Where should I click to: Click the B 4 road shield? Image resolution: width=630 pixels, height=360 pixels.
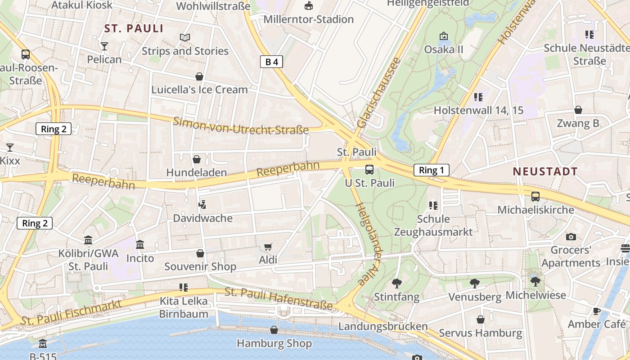coord(271,62)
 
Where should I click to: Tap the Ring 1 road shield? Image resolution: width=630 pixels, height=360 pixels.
coord(432,170)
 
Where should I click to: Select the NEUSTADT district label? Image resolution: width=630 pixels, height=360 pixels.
coord(545,171)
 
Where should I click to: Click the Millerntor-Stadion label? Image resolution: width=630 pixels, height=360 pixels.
coord(309,19)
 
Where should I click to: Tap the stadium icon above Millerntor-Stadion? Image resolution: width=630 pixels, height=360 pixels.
coord(309,6)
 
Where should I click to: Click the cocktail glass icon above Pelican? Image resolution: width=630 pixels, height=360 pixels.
coord(104,46)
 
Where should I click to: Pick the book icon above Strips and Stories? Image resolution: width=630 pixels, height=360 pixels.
coord(185,37)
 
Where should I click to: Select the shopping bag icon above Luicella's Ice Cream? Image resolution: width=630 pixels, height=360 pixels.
coord(199,76)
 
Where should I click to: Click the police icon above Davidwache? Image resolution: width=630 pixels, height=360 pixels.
coord(202,205)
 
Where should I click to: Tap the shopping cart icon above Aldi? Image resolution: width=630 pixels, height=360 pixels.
coord(268,247)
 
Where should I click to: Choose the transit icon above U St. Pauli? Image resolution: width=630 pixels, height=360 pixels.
coord(369,170)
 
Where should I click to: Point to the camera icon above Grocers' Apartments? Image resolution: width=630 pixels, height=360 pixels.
coord(571,237)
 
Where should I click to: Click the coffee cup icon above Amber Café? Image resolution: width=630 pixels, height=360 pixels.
coord(597,311)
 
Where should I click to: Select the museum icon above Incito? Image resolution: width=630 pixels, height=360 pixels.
coord(140,245)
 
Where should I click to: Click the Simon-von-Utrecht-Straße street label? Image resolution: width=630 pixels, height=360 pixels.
coord(241,126)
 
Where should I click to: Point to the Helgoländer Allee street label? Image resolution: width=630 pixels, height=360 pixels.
coord(368,243)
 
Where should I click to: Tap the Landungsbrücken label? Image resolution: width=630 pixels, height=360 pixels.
coord(383,326)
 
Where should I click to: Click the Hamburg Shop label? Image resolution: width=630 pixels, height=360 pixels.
coord(274,344)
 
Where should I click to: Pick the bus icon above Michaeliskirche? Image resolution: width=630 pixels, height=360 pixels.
coord(535,197)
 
